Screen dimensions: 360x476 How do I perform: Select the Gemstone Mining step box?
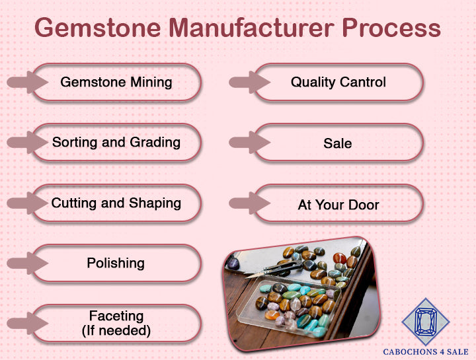click(116, 83)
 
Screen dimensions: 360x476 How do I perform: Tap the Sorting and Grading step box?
click(116, 143)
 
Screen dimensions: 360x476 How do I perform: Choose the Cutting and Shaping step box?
click(116, 203)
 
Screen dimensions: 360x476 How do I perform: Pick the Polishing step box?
click(116, 263)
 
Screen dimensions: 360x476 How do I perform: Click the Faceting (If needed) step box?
click(116, 323)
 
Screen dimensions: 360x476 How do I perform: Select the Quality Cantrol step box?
click(338, 83)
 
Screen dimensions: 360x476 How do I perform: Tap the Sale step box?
click(338, 143)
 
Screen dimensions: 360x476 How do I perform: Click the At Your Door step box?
click(338, 204)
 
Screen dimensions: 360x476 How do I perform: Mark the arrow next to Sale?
click(248, 143)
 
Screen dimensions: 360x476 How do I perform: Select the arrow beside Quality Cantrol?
click(248, 83)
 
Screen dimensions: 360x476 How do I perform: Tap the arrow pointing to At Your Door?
click(248, 204)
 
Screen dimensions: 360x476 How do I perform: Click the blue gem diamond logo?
click(425, 322)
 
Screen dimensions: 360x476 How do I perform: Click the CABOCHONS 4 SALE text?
click(425, 352)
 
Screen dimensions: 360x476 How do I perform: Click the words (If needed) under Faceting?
click(116, 330)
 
